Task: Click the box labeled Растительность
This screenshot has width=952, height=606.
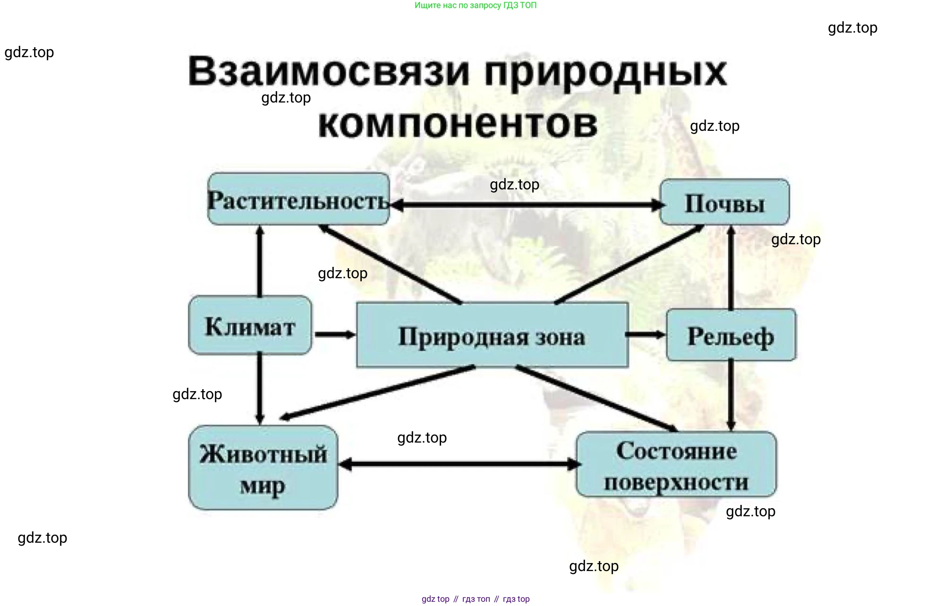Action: pyautogui.click(x=298, y=199)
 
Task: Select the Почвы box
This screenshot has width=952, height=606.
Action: pyautogui.click(x=724, y=202)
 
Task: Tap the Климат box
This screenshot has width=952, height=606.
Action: pyautogui.click(x=250, y=325)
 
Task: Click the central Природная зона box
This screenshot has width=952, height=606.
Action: pyautogui.click(x=492, y=335)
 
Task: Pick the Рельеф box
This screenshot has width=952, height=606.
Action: pyautogui.click(x=731, y=335)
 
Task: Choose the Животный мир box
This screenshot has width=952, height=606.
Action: pyautogui.click(x=263, y=468)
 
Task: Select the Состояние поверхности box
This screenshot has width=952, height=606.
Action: pyautogui.click(x=676, y=465)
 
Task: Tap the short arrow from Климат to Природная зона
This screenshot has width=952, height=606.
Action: pyautogui.click(x=334, y=334)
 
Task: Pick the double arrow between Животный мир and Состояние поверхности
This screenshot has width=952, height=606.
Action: pyautogui.click(x=458, y=464)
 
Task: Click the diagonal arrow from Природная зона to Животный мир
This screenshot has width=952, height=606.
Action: pyautogui.click(x=378, y=393)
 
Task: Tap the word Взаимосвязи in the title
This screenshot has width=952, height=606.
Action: pyautogui.click(x=329, y=72)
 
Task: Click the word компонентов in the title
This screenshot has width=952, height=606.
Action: pyautogui.click(x=458, y=124)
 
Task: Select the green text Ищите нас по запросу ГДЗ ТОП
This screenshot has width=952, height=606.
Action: pyautogui.click(x=476, y=5)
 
